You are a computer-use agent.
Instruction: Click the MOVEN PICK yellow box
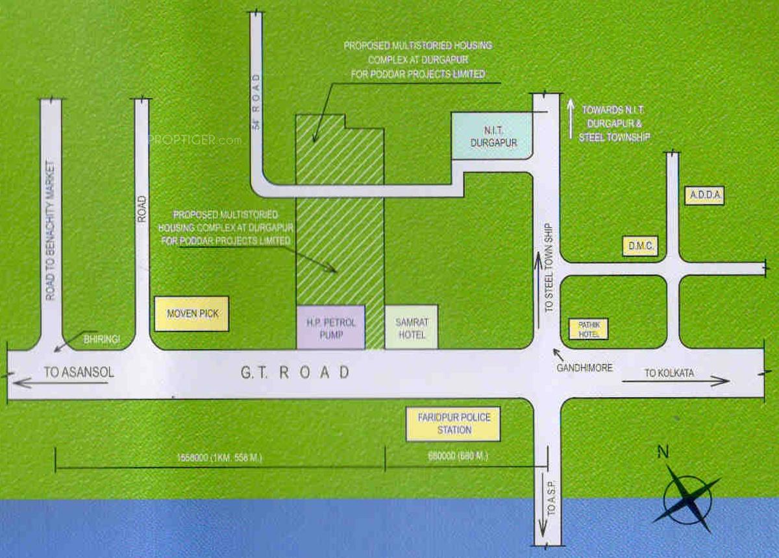[x=192, y=314]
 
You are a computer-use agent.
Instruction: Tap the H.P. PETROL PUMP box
[x=330, y=327]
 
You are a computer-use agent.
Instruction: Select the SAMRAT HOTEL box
[x=411, y=327]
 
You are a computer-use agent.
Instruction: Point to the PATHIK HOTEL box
[x=588, y=329]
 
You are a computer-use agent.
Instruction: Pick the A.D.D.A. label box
[x=704, y=195]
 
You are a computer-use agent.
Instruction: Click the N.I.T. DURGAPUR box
[x=491, y=135]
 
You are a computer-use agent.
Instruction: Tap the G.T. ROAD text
[x=295, y=372]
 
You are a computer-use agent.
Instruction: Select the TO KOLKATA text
[x=669, y=373]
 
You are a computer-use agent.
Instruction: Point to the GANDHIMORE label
[x=584, y=368]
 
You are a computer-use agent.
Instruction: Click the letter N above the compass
[x=663, y=453]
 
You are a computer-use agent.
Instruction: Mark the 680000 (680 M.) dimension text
[x=457, y=457]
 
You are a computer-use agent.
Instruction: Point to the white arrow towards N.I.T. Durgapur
[x=571, y=119]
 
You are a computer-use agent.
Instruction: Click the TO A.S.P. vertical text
[x=551, y=500]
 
